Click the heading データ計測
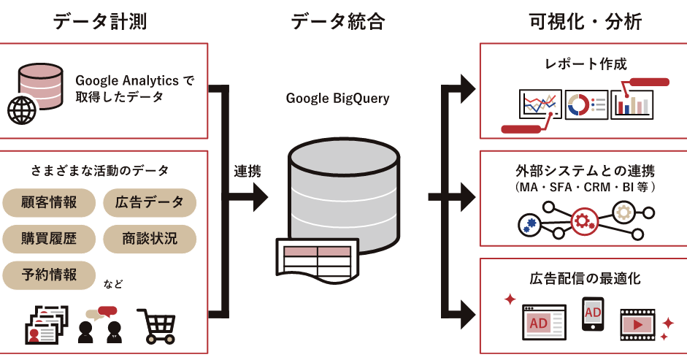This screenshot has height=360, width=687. (100, 21)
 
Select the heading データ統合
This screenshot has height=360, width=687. (338, 21)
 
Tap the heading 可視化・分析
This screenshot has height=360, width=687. (586, 21)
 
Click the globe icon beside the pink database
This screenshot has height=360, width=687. (21, 110)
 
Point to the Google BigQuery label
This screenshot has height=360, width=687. (337, 99)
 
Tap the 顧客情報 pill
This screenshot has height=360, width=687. (49, 202)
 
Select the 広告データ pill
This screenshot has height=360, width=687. (150, 202)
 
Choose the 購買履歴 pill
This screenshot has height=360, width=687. (49, 239)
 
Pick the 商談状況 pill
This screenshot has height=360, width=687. (150, 239)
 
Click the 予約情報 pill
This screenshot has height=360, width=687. (49, 275)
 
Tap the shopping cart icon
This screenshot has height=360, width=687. (157, 326)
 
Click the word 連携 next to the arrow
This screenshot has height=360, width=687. (247, 171)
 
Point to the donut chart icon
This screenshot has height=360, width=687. (578, 104)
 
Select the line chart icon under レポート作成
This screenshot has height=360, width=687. (540, 104)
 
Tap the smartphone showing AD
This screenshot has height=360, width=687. (593, 314)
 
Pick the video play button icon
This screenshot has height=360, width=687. (637, 325)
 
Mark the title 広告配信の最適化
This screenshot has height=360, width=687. (585, 278)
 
